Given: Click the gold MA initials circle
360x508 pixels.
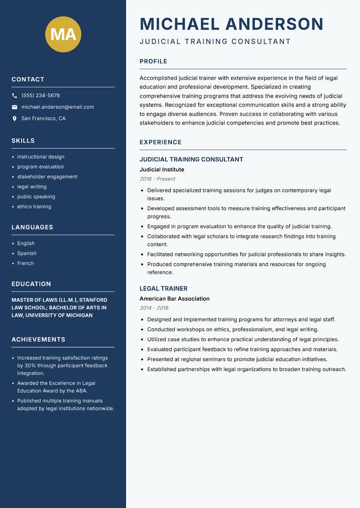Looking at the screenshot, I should [63, 34].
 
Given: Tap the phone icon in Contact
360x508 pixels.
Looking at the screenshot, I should [14, 96].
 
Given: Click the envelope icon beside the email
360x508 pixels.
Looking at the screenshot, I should [14, 107].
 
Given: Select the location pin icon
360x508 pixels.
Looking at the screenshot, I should [14, 119].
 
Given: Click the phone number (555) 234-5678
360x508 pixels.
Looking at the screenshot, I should [40, 96].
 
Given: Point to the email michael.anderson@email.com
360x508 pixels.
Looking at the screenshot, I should [58, 107].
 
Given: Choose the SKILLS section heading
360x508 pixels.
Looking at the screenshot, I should [23, 141].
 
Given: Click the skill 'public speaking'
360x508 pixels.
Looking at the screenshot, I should [36, 196].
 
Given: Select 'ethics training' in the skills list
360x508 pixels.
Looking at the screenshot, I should [34, 207].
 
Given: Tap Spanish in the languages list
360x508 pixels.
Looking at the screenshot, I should [27, 254].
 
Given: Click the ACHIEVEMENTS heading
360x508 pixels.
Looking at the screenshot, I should [38, 339].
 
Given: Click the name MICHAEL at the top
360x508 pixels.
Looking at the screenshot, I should [180, 24].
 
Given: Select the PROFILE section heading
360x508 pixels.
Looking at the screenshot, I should [153, 62].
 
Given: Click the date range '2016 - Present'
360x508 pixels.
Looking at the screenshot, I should [157, 179].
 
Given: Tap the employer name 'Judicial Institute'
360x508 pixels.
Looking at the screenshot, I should [162, 169].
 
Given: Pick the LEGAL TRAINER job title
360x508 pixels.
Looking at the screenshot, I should [163, 289].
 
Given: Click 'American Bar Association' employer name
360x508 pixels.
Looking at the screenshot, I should [175, 299].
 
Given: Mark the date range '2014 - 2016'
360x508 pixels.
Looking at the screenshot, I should [154, 308].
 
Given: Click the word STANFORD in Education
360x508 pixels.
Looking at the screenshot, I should [94, 300].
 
